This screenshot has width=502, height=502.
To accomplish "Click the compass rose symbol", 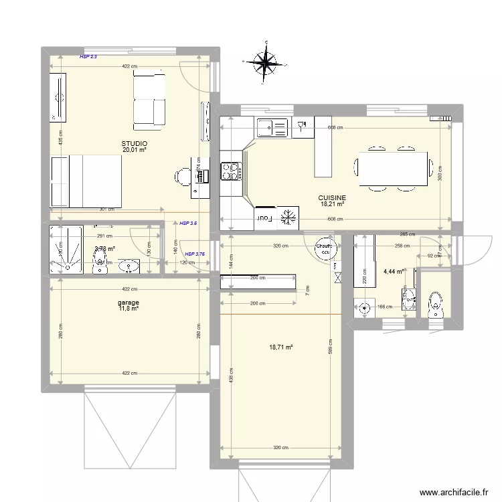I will [266, 63].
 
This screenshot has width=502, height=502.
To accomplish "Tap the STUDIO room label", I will [134, 144].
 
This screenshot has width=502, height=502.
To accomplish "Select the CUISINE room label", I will [331, 197].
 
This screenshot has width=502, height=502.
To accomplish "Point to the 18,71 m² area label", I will [280, 347].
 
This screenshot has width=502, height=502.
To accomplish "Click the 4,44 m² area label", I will [393, 272].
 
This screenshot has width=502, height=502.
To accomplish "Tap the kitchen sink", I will [271, 126].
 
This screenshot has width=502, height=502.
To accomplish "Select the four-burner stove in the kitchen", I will [230, 171].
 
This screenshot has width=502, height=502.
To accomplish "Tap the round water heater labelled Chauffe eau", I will [325, 248].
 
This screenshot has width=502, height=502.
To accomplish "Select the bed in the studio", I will [86, 181].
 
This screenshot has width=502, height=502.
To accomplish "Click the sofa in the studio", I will [149, 100].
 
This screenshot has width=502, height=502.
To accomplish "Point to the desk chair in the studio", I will [182, 175].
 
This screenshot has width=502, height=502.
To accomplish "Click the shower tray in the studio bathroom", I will [66, 250].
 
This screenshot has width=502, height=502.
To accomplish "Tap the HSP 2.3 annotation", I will [88, 58].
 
